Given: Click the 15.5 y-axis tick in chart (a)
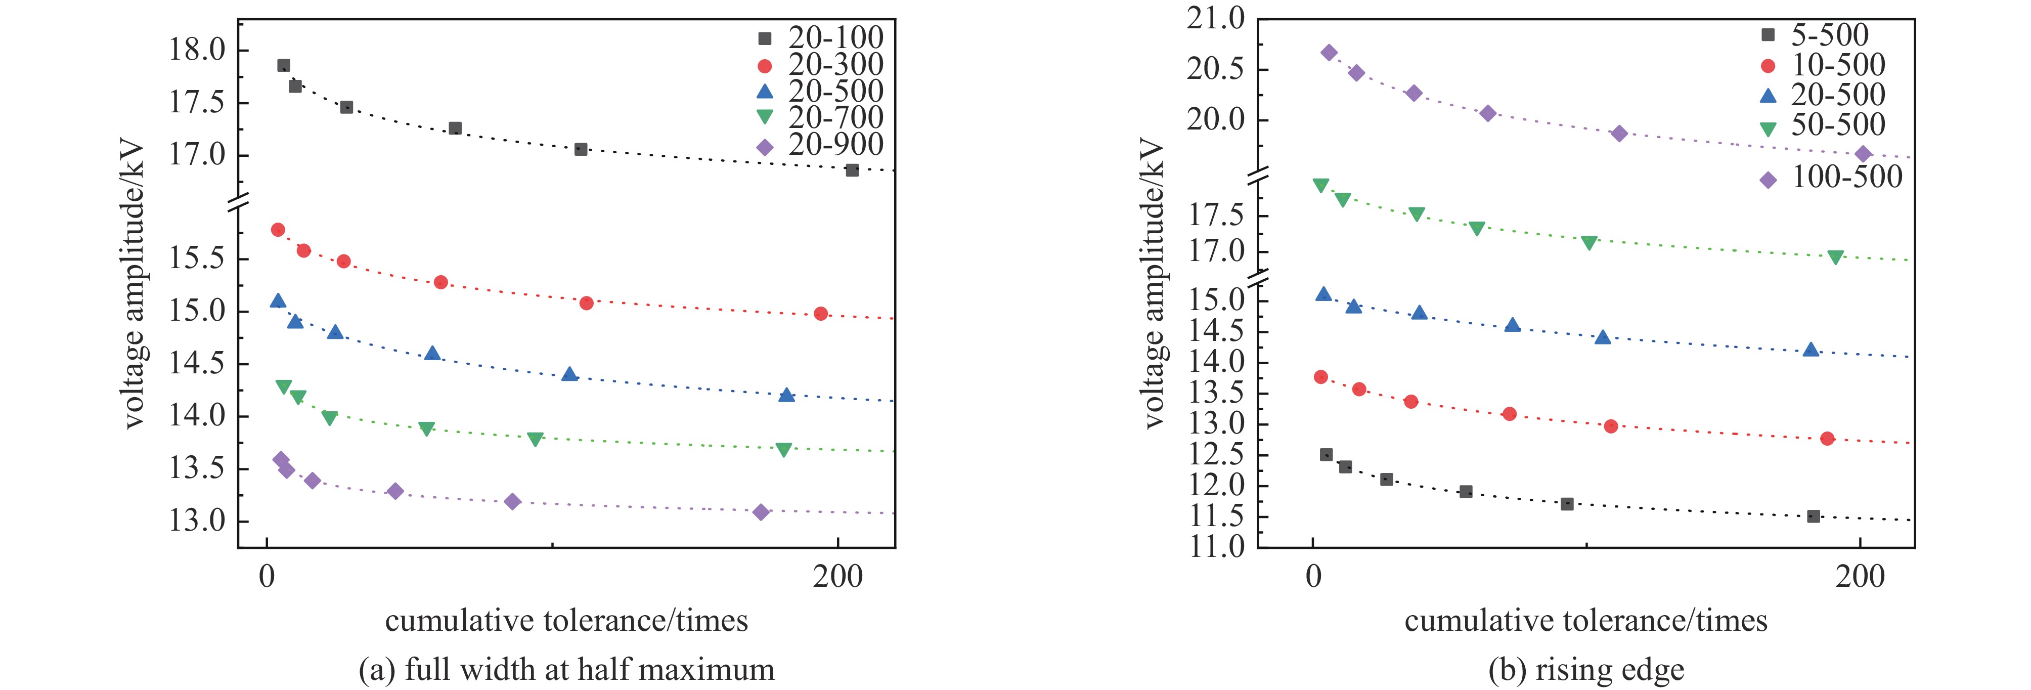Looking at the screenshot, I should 197,258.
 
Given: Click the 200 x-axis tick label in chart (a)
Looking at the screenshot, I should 837,577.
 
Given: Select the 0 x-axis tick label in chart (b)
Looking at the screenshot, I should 1313,577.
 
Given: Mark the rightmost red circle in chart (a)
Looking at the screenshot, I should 821,314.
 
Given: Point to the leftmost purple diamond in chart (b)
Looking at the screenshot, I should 1329,53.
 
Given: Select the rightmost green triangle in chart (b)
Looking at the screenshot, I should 1835,257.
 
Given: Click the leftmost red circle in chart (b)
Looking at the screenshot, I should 1320,377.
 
